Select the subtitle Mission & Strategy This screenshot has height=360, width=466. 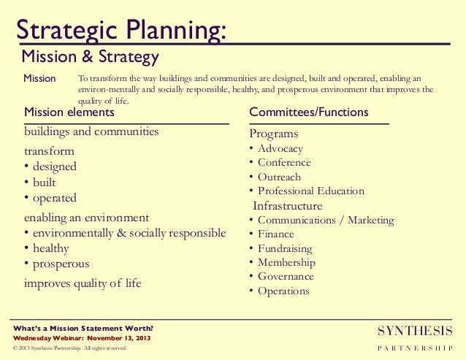[90, 57]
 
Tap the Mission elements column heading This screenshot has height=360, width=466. [69, 112]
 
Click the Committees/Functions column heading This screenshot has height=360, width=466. [308, 112]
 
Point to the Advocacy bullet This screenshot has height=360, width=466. [280, 149]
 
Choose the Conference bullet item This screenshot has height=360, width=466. [284, 163]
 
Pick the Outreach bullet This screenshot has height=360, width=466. [279, 177]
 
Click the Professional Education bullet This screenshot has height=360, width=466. [311, 191]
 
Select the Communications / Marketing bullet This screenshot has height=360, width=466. [326, 220]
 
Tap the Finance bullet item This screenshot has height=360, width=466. [276, 234]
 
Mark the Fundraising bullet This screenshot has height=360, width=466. [285, 248]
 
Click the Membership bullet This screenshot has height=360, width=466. [286, 263]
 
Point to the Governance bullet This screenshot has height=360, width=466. [286, 277]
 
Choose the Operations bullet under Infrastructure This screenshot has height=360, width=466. [283, 291]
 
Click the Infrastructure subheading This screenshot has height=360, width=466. [287, 206]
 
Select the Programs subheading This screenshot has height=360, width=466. [274, 134]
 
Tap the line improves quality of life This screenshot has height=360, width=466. [83, 283]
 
